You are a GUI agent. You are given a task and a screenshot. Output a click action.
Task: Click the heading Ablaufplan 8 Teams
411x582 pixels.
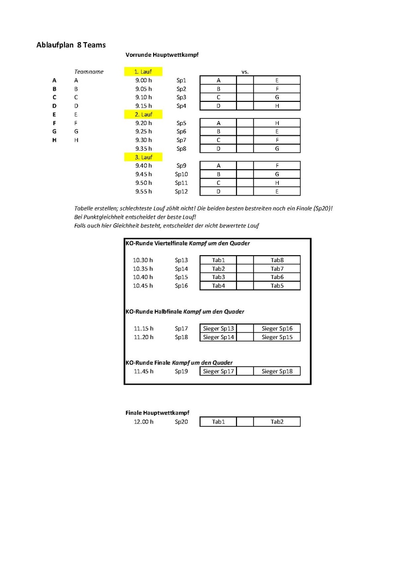71,45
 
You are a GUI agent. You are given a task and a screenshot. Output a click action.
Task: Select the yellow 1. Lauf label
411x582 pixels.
143,72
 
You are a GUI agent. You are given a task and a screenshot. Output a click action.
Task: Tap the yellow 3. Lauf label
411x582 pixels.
143,157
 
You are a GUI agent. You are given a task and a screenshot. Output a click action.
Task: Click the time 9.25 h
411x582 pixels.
143,131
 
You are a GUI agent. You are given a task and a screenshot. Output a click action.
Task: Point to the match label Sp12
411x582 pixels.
181,192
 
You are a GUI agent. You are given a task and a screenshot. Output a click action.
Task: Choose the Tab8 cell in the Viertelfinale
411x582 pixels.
277,260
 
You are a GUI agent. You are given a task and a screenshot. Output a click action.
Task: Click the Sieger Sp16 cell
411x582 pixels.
277,329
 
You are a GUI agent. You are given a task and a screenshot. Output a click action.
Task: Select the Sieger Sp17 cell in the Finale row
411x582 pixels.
218,372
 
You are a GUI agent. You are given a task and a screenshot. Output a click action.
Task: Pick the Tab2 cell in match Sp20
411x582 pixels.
277,422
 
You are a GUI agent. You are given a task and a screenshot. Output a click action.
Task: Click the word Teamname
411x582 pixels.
89,72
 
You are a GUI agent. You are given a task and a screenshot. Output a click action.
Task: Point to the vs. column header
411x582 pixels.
245,72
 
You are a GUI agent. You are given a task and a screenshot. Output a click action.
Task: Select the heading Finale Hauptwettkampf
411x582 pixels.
157,413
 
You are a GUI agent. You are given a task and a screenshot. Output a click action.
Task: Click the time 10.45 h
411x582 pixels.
143,286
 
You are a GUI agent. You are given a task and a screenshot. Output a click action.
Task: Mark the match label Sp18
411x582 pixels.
181,337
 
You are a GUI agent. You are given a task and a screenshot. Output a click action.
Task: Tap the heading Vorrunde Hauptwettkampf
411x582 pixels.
162,55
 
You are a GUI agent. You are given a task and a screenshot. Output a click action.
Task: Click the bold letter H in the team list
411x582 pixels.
54,140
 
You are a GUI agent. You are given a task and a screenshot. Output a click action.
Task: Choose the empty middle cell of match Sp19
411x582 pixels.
245,372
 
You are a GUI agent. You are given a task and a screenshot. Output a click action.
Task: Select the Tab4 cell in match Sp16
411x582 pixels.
218,286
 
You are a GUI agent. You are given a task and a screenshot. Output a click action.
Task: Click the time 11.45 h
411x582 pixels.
143,372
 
